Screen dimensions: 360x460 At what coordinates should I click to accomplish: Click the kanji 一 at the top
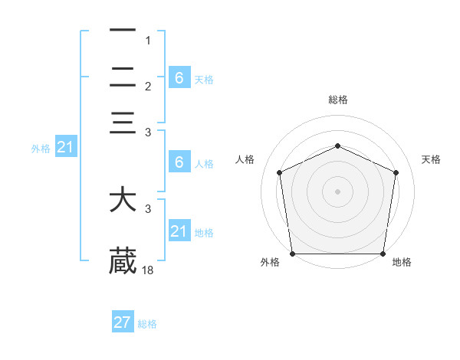[123, 31]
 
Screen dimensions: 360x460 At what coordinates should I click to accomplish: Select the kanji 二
[123, 77]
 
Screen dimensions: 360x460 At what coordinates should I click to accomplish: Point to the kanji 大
[123, 201]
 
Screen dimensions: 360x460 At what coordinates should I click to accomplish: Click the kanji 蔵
[123, 260]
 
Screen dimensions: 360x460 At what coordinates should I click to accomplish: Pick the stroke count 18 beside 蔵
[149, 270]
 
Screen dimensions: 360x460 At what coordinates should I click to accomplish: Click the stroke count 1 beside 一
[148, 40]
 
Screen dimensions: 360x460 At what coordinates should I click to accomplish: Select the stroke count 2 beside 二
[148, 86]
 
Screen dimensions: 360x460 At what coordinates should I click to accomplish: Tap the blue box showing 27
[123, 322]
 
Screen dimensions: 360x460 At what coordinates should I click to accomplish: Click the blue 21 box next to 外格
[64, 148]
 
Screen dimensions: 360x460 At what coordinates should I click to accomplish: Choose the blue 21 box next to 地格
[179, 231]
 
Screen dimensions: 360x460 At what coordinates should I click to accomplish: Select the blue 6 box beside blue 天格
[179, 77]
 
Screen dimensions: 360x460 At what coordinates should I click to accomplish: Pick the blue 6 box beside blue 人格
[179, 162]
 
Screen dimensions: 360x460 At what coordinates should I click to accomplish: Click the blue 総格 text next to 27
[147, 324]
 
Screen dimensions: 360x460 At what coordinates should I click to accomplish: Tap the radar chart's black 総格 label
[337, 100]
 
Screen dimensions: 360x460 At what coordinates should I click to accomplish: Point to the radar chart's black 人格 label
[245, 159]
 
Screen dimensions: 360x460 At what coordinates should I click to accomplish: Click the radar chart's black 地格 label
[402, 262]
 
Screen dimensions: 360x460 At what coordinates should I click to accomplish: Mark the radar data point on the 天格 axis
[396, 172]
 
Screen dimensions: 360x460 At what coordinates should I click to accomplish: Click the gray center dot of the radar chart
[337, 191]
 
